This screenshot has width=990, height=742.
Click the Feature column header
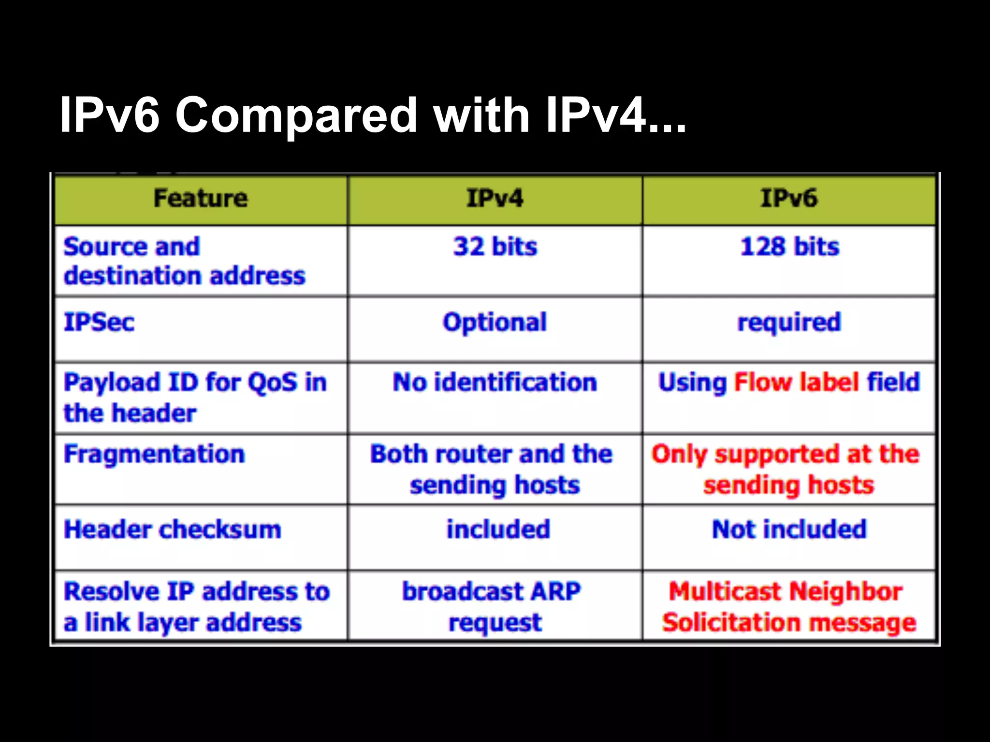point(201,199)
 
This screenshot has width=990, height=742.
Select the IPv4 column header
point(495,199)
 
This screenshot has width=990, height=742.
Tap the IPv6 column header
point(789,199)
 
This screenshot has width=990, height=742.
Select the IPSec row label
point(99,322)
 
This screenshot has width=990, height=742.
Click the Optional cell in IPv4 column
point(495,322)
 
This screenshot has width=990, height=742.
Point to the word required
point(789,322)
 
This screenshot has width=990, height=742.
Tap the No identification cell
point(495,382)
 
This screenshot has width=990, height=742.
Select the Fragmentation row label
point(154,454)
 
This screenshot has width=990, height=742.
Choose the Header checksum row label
point(172,529)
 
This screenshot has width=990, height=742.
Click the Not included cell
point(789,529)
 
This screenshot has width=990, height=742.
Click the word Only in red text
point(679,455)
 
